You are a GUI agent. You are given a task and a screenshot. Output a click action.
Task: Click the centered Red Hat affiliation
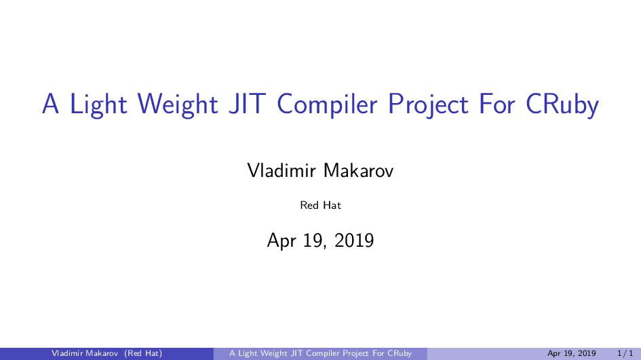point(320,205)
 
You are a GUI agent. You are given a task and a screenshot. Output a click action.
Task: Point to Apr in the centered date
point(282,240)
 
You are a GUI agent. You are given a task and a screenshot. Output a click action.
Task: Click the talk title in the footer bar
point(320,353)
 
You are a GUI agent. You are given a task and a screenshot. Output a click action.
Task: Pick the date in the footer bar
point(571,353)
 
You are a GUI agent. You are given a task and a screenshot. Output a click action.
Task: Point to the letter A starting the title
point(50,104)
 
